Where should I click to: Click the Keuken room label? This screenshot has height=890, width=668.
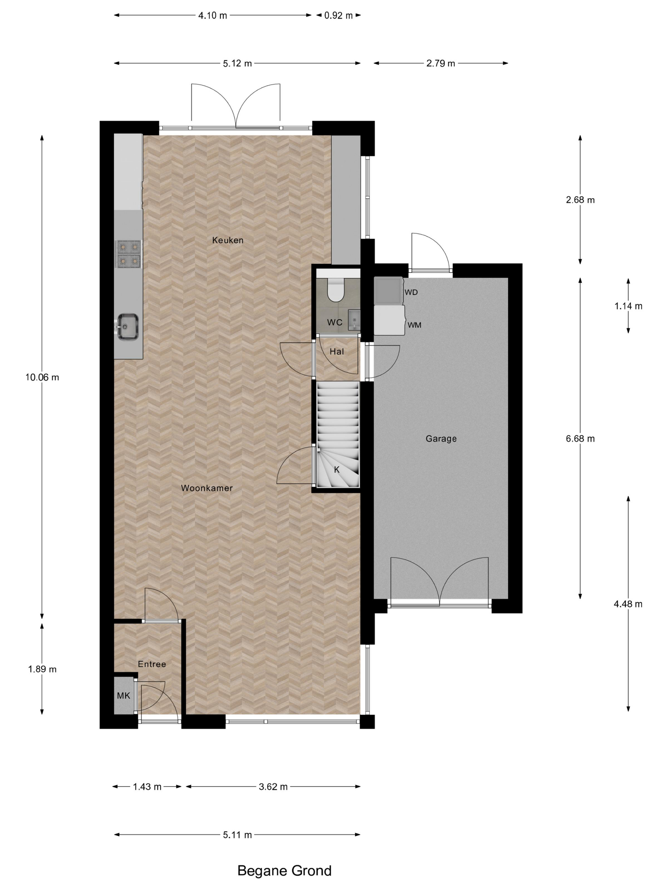227,240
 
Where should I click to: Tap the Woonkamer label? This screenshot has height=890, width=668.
206,488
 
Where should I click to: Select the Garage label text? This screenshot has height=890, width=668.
441,439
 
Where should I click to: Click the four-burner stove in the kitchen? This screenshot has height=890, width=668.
129,254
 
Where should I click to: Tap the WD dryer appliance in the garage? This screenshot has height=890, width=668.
389,290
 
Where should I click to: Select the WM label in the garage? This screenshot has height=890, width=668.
414,325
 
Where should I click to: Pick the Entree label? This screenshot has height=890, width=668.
152,664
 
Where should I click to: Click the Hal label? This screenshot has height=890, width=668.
337,352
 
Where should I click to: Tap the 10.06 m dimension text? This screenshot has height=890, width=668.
42,377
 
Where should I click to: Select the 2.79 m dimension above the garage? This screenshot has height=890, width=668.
441,63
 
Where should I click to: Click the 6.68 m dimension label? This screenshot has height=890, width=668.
580,439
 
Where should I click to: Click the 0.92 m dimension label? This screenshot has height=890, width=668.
338,16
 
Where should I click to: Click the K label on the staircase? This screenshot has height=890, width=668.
337,469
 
